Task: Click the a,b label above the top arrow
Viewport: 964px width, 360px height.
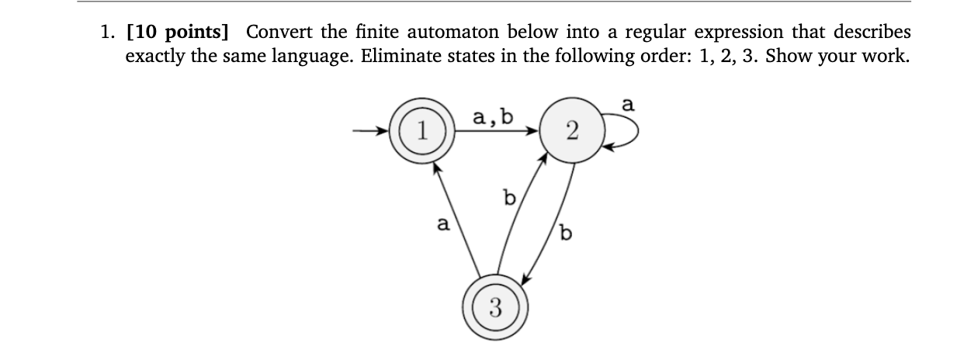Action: (x=492, y=118)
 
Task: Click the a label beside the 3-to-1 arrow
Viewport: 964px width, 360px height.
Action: (x=442, y=224)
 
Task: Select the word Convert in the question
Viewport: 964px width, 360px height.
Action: (x=279, y=33)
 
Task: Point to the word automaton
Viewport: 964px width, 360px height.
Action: (x=454, y=33)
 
